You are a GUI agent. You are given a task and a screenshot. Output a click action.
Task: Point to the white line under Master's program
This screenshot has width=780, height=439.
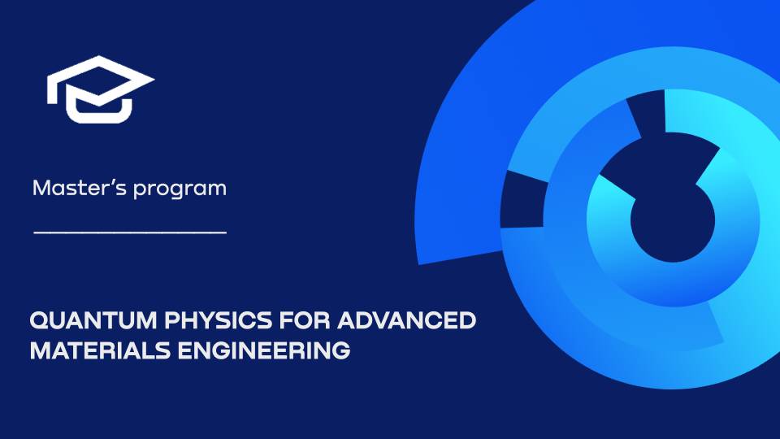[x=130, y=233]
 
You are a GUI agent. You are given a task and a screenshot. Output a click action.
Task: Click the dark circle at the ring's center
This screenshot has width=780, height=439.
[x=673, y=221]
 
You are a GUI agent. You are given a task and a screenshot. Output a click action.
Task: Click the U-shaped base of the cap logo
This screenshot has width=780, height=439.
[x=98, y=110]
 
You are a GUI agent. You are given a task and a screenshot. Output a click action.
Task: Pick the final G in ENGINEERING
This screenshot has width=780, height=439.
[x=342, y=351]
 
